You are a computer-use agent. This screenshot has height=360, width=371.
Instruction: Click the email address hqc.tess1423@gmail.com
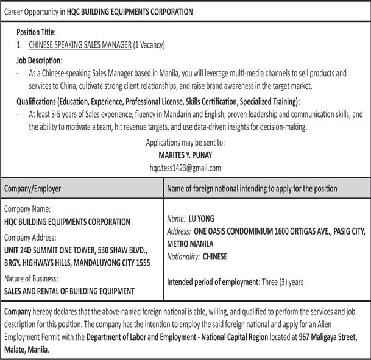pos(185,168)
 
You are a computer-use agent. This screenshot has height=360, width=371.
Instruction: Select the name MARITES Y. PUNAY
pos(185,155)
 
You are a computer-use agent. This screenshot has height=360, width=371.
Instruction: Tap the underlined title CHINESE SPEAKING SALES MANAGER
pos(80,45)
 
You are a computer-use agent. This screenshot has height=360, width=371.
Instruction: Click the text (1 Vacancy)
pos(149,45)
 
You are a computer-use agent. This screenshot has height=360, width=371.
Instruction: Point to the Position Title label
pos(36,31)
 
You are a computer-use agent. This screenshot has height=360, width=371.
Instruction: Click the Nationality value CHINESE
pos(215,256)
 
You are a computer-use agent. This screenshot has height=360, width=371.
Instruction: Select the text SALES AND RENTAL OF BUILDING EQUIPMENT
pos(69,291)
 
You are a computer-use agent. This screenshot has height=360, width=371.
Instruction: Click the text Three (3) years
pos(283,282)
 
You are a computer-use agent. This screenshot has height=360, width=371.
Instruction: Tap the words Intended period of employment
pos(213,282)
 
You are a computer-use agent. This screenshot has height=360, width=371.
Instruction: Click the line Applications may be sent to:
pos(185,143)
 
